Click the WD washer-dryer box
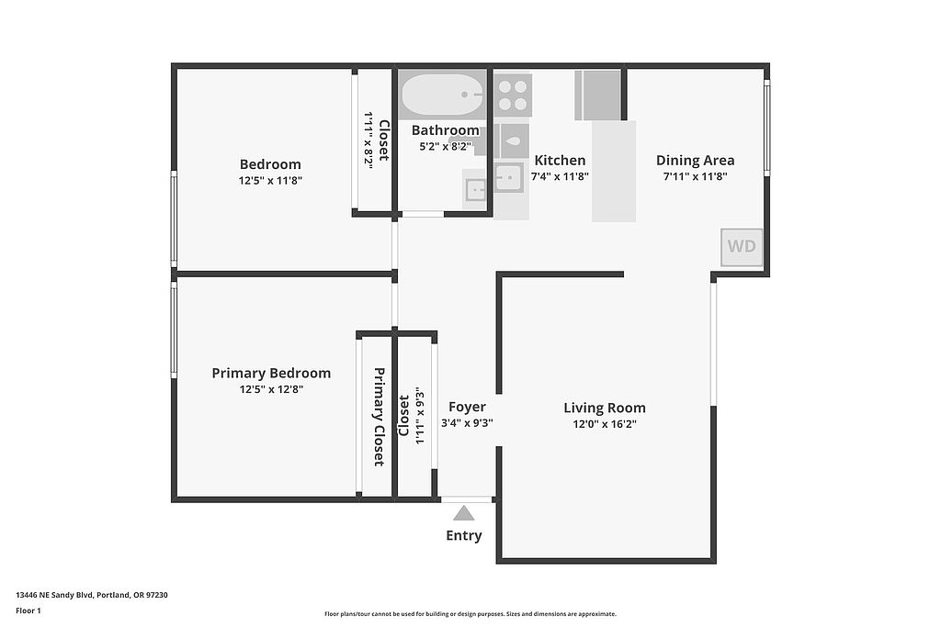click(x=742, y=247)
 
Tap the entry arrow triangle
click(x=463, y=513)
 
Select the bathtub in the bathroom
click(x=442, y=95)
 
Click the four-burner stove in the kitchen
click(x=513, y=95)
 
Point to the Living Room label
click(x=605, y=408)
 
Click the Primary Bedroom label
click(x=271, y=373)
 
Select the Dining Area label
click(x=695, y=160)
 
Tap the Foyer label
click(x=467, y=407)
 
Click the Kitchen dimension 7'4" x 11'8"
click(x=560, y=176)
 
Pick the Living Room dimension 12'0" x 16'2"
click(x=605, y=424)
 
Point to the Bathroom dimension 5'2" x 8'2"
click(x=445, y=146)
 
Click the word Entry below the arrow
click(x=464, y=535)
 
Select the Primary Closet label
click(x=380, y=417)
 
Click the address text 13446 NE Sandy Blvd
click(x=54, y=595)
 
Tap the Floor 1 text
click(x=28, y=610)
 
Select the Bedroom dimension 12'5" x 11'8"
click(x=270, y=181)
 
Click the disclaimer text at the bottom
click(x=470, y=614)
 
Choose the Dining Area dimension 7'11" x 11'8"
click(x=695, y=176)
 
